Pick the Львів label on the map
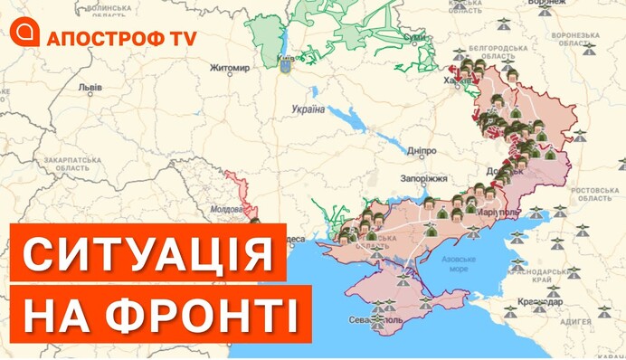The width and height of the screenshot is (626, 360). (x=90, y=90)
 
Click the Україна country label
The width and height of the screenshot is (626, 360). (x=308, y=109)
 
